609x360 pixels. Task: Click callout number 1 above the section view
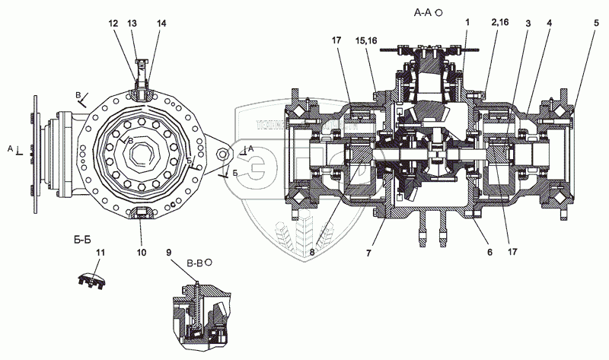click(467, 24)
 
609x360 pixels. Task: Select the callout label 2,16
click(500, 24)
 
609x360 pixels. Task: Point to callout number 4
click(548, 24)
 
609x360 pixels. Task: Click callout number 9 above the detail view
click(167, 251)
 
